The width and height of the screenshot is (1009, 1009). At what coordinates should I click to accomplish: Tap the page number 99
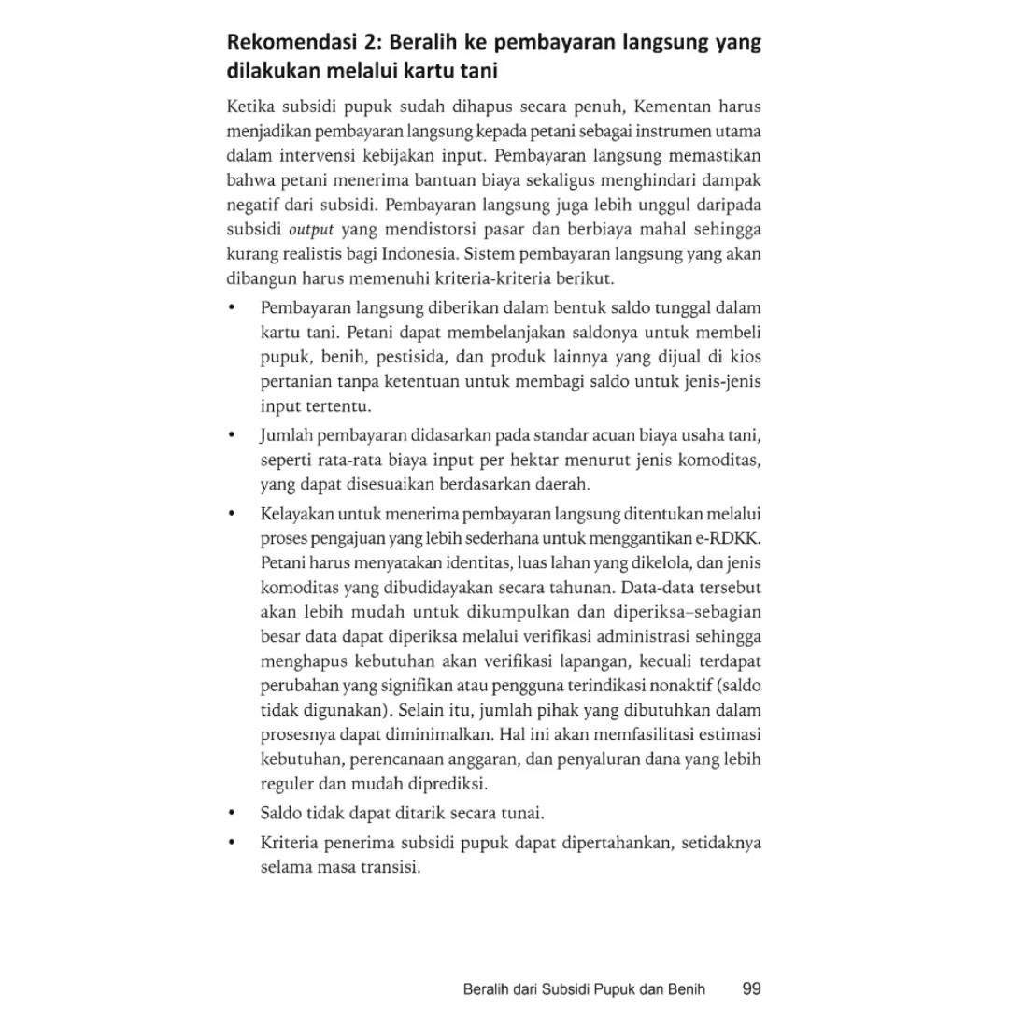(x=753, y=988)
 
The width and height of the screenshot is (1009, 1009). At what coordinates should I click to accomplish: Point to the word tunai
(x=524, y=813)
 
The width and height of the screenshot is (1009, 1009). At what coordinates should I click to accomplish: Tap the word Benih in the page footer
(x=687, y=988)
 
